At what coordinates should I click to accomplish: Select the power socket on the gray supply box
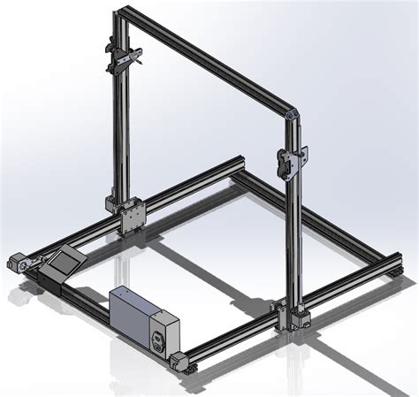point(161,340)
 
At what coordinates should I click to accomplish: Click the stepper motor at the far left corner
point(17,262)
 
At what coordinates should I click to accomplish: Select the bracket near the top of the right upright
point(292,160)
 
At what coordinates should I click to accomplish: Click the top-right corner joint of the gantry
point(293,114)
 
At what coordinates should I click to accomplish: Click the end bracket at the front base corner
point(182,361)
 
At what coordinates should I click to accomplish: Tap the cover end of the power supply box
point(163,334)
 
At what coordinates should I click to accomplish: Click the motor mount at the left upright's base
point(114,204)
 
